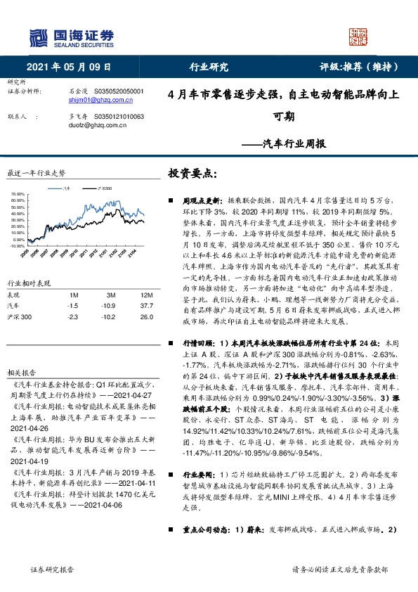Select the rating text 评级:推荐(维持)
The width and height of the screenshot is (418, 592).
360,67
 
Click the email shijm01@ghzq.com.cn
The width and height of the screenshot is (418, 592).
97,101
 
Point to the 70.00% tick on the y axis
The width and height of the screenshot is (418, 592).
18,193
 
